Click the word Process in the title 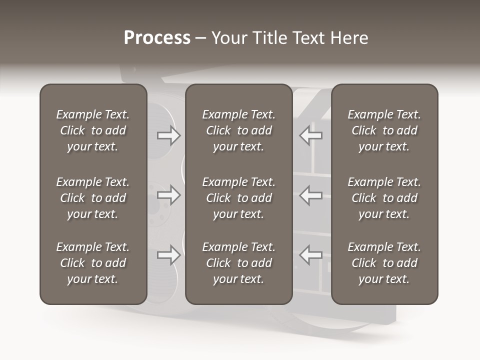point(157,38)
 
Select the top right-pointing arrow point(168,135)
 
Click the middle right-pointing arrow point(168,195)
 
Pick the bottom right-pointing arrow point(168,255)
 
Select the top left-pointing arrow point(311,135)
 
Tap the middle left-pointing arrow point(311,195)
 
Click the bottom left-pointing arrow point(311,255)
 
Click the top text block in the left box point(93,130)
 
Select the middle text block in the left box point(93,198)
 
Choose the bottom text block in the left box point(93,263)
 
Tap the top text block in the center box point(238,130)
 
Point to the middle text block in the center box point(238,198)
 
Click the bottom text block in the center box point(238,263)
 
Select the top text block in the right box point(384,130)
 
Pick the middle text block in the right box point(384,198)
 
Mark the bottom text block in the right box point(384,263)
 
